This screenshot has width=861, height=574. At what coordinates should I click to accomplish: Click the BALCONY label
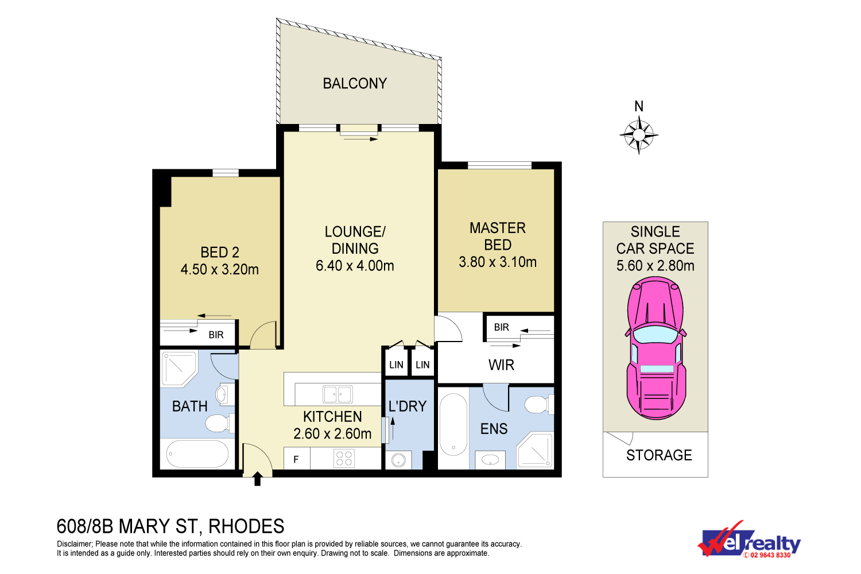click(x=355, y=83)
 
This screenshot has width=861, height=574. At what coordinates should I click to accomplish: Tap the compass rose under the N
click(x=639, y=135)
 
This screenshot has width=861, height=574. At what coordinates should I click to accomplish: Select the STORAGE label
click(x=659, y=455)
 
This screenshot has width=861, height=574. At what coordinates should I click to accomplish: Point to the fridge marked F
click(x=297, y=459)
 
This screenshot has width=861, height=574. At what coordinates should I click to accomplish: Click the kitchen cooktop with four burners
click(x=344, y=459)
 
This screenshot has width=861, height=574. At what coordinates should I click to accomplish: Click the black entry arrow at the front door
click(x=258, y=479)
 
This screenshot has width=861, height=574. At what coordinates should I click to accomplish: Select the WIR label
click(x=501, y=365)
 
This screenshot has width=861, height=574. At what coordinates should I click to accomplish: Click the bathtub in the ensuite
click(x=453, y=424)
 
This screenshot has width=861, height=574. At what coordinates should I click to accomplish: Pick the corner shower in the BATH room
click(x=179, y=369)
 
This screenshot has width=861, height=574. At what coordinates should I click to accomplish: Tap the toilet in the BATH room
click(x=219, y=423)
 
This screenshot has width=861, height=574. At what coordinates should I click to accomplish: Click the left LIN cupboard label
click(x=396, y=364)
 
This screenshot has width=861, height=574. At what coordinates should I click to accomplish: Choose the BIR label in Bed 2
click(x=216, y=335)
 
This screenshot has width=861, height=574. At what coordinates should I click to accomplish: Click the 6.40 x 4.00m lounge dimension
click(x=355, y=266)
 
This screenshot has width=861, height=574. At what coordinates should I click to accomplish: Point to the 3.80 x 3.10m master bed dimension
click(x=498, y=262)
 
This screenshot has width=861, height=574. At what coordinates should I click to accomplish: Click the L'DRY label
click(x=408, y=406)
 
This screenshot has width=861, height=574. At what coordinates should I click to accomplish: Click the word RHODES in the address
click(x=246, y=526)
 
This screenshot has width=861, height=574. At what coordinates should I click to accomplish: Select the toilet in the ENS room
click(x=539, y=405)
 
